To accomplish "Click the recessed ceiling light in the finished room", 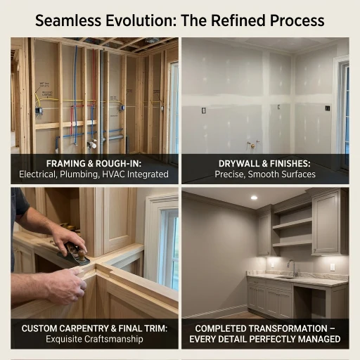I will tap(254, 198).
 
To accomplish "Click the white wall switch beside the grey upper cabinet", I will tap(333, 267).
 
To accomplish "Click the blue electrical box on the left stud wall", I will tap(39, 110).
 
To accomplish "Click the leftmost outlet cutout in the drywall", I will tap(204, 110).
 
